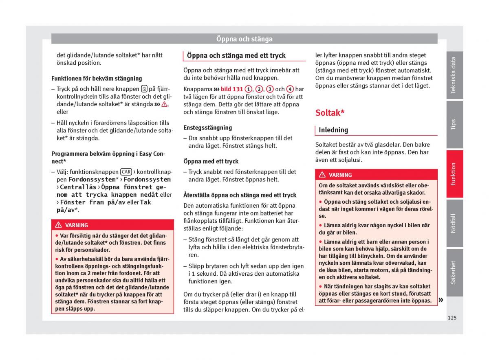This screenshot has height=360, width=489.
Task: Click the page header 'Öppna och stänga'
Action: tap(244, 39)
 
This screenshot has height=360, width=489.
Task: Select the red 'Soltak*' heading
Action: tap(330, 113)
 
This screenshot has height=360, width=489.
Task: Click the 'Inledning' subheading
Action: tap(333, 130)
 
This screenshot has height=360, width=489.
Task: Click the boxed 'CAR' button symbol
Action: tap(126, 172)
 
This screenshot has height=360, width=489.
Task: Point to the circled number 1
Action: tap(248, 89)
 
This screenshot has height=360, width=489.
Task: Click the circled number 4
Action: tap(290, 89)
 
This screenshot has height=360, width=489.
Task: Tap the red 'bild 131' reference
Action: tap(231, 89)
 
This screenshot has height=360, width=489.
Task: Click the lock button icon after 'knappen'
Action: tap(144, 89)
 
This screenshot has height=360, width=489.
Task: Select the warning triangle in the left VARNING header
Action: tap(58, 225)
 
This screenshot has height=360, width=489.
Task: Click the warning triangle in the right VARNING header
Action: tap(322, 175)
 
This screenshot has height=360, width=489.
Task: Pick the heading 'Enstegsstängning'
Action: tap(207, 127)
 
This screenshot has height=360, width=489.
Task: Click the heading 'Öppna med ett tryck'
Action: tap(211, 161)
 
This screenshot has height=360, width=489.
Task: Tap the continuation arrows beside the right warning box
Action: tap(441, 301)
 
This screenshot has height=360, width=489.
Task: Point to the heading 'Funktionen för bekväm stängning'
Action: tap(97, 78)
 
